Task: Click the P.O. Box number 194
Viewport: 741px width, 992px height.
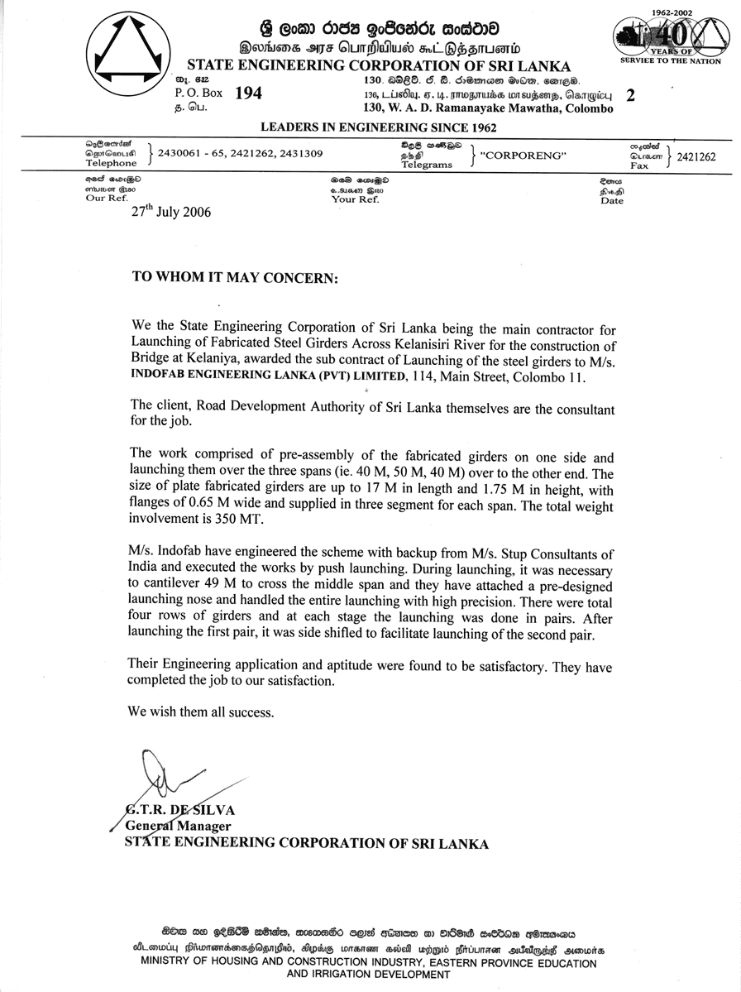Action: [x=248, y=94]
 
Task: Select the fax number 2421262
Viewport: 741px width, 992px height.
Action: [x=696, y=156]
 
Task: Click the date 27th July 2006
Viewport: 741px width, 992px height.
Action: [x=171, y=212]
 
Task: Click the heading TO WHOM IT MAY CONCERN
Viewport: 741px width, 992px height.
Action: [x=235, y=278]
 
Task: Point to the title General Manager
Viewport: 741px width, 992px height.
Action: [x=178, y=826]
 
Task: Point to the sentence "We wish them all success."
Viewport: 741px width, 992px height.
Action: [x=200, y=712]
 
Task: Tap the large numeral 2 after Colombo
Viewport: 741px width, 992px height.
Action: [x=631, y=95]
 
